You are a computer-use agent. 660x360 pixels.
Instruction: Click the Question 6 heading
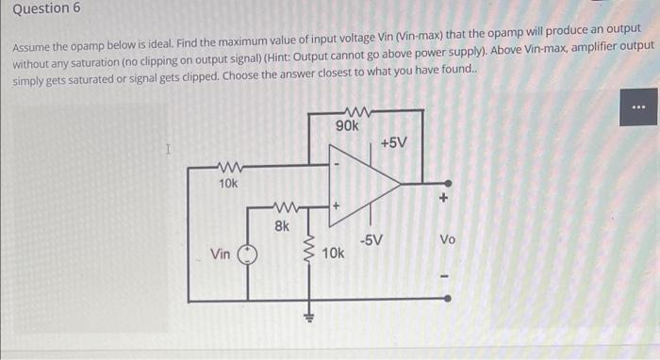46,8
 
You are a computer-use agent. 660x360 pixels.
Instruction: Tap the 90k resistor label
347,125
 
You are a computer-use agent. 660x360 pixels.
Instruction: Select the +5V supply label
394,142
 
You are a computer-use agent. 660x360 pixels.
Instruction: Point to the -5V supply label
371,239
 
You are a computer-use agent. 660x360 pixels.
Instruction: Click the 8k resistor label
282,225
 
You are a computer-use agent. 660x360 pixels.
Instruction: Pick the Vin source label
221,254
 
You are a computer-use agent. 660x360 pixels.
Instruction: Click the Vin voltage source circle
248,254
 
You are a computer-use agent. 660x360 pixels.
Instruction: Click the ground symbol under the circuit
305,316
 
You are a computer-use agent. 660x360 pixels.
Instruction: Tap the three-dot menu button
638,107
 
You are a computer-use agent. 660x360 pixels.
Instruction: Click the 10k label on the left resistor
227,183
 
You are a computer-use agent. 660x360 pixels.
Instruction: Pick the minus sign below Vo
447,276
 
